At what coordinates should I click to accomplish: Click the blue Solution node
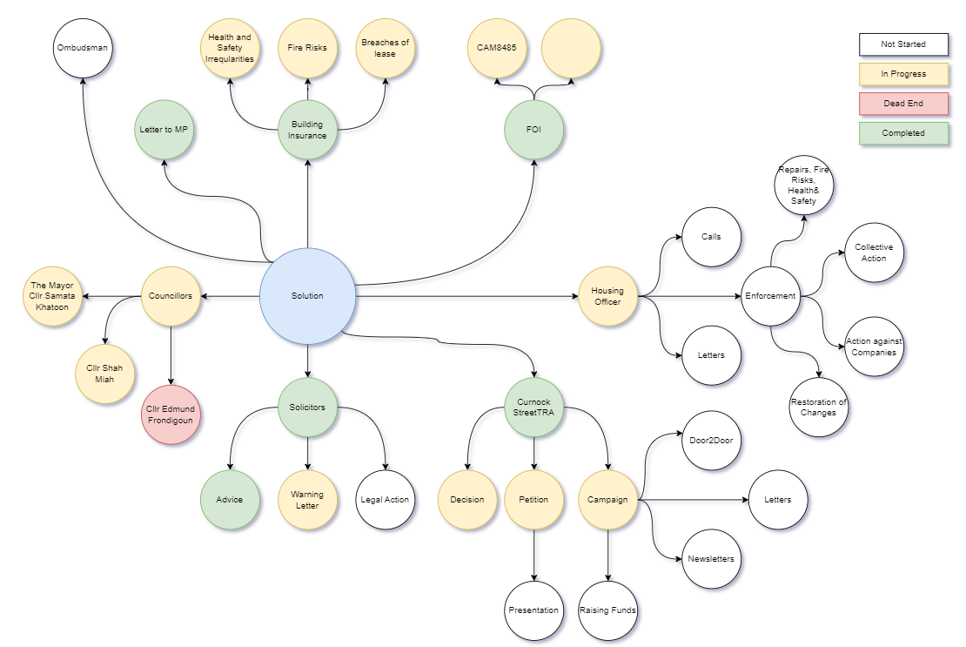[307, 296]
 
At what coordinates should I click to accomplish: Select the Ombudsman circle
[84, 47]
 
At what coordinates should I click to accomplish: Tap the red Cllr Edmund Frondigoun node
[171, 414]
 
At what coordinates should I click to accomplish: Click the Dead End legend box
[902, 104]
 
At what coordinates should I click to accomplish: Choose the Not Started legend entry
[902, 44]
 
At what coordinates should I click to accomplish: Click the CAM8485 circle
[497, 48]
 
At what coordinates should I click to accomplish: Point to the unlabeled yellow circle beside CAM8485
[571, 48]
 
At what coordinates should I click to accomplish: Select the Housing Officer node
[607, 296]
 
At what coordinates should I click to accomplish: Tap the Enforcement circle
[770, 296]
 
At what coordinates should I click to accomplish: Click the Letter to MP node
[164, 130]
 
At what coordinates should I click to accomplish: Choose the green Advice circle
[229, 500]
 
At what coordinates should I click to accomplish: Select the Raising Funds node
[607, 610]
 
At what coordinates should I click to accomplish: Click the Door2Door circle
[711, 440]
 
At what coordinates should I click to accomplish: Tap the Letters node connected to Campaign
[778, 500]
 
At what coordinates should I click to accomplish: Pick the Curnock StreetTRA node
[533, 407]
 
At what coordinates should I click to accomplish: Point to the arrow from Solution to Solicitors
[307, 361]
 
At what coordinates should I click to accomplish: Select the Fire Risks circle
[307, 47]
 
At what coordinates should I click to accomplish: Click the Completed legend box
[902, 133]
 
